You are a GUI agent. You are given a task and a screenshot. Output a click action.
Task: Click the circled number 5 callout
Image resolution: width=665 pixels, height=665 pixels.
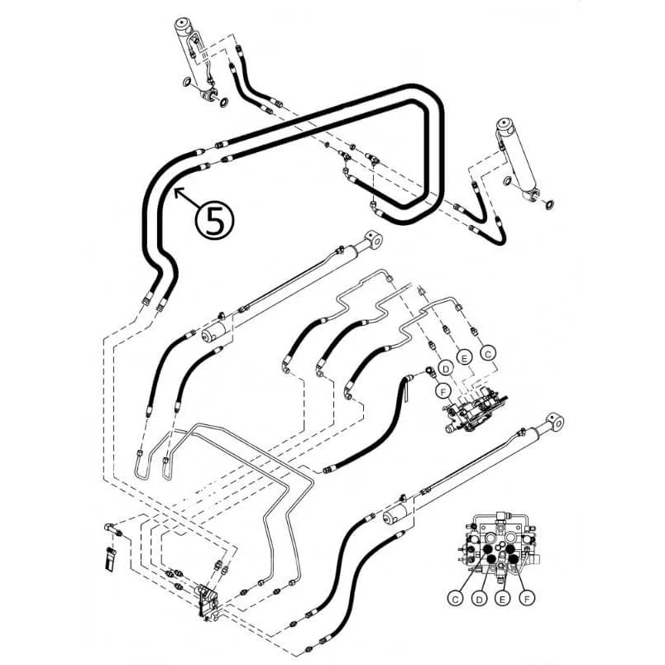click(x=214, y=220)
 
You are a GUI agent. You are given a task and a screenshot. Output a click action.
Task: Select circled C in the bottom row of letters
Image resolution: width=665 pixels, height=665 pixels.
click(x=456, y=598)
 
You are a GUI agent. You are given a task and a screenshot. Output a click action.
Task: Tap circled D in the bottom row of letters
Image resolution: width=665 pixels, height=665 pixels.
click(x=479, y=598)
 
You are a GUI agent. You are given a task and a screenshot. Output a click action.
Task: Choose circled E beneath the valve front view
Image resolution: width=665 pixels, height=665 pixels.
click(x=503, y=598)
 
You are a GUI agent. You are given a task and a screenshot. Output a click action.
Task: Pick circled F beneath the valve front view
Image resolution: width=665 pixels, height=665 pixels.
click(x=527, y=598)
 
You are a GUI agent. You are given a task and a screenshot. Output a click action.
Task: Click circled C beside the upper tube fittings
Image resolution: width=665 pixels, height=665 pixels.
click(x=488, y=353)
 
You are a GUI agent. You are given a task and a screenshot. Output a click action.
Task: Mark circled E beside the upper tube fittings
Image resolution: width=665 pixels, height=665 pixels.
click(x=464, y=358)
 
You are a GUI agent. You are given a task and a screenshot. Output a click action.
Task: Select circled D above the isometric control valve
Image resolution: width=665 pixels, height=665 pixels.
click(x=445, y=369)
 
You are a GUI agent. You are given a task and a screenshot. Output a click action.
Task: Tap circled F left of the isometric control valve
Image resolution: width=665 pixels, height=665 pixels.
click(x=443, y=391)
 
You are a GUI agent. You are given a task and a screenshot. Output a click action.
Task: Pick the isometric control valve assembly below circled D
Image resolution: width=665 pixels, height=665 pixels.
click(x=475, y=409)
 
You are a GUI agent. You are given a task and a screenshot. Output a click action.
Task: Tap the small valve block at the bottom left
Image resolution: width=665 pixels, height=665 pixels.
click(x=208, y=601)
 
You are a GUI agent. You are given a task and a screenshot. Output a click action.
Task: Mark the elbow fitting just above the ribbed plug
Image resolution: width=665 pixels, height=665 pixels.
click(x=112, y=529)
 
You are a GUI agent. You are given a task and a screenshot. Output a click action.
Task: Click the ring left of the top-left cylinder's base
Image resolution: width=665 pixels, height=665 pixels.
click(x=188, y=82)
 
